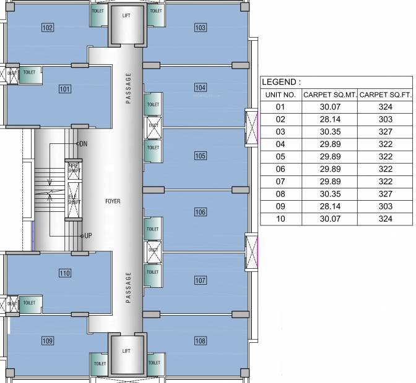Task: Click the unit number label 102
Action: pos(48,27)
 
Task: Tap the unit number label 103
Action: pos(200,28)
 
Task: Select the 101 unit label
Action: pos(65,89)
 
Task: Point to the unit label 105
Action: pos(200,156)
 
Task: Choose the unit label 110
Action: pos(65,272)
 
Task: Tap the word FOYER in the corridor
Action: pos(113,201)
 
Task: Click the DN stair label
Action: pos(82,144)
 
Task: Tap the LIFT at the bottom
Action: pos(126,351)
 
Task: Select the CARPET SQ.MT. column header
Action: pos(329,95)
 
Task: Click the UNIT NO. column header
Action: pos(280,95)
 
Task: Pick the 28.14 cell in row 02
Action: pos(329,119)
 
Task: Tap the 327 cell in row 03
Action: pos(385,132)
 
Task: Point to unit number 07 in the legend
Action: pos(280,182)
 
